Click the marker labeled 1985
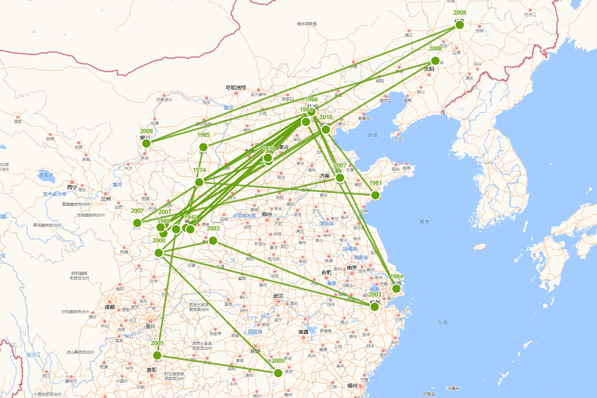pos(203,147)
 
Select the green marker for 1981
pos(376,195)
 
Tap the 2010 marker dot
pos(325,129)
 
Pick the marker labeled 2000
pos(159,253)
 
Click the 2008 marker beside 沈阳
pos(435,61)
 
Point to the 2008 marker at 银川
pos(146,143)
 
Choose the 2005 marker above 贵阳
pos(157,355)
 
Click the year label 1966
pos(311,99)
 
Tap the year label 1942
pos(191,217)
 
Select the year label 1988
pos(164,221)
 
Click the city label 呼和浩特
pos(236,88)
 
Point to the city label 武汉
pos(278,296)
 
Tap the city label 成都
pos(109,307)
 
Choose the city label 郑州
pos(267,214)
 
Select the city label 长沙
pos(255,351)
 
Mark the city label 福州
pos(353,385)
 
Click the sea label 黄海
pos(424,222)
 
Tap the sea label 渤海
pos(373,135)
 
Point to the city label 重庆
pos(150,326)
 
